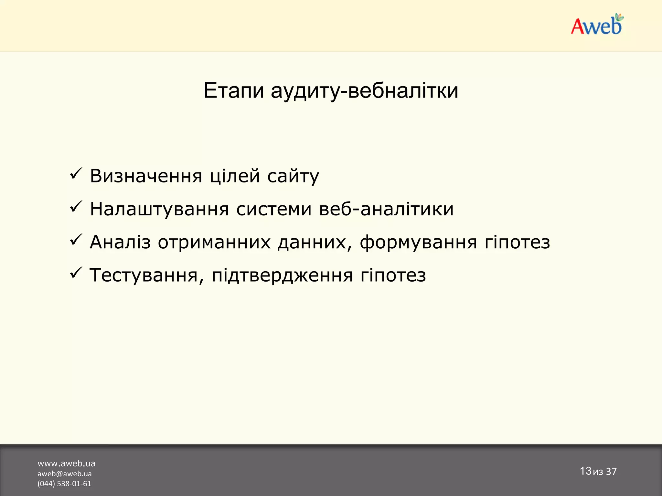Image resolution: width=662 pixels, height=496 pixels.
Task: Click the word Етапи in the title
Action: point(234,91)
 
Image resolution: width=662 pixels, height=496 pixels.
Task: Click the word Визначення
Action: point(146,176)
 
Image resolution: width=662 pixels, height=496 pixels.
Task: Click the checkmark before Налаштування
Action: point(76,207)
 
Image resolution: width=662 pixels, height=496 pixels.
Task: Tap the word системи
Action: point(274,209)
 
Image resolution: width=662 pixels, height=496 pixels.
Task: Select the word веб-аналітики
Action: point(386,209)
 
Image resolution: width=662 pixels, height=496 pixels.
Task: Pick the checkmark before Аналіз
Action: point(76,240)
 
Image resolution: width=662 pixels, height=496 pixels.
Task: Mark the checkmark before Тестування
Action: point(76,273)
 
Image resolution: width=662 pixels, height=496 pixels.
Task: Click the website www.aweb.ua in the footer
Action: point(66,464)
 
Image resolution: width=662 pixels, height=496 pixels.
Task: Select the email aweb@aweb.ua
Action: point(64,474)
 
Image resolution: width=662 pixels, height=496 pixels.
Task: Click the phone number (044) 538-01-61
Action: point(64,484)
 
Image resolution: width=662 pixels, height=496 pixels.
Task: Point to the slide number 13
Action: point(585,471)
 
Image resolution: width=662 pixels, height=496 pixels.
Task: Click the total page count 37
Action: point(611,471)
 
